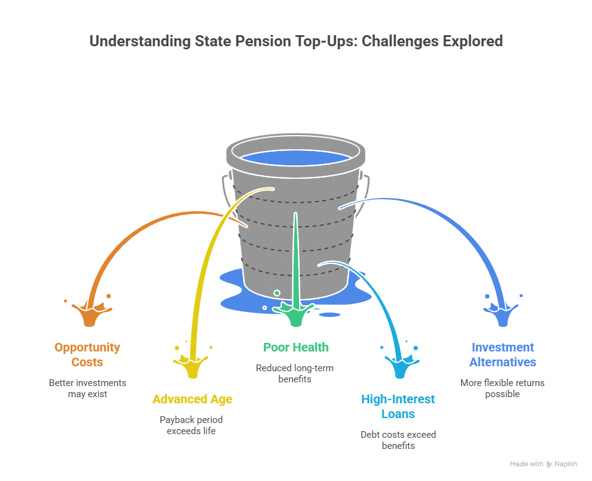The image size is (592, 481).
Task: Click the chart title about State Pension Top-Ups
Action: point(296,41)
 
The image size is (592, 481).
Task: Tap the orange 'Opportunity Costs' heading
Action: point(87,355)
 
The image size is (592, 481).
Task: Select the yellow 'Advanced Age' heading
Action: point(192,399)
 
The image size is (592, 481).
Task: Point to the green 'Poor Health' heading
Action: point(296,347)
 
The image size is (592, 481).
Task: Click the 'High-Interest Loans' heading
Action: point(398,406)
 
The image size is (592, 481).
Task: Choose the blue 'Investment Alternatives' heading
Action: point(503,355)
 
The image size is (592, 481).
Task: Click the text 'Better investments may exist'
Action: point(87,388)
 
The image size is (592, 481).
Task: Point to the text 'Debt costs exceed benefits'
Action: point(398,440)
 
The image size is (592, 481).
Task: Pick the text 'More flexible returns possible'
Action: point(503,388)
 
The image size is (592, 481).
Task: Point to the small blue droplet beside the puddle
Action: point(330,314)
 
